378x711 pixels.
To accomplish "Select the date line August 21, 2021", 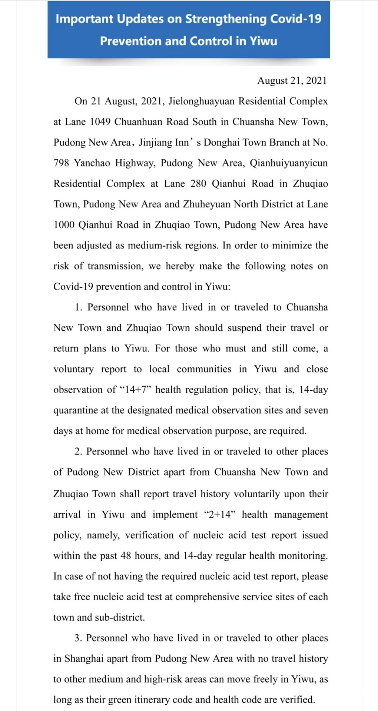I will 292,81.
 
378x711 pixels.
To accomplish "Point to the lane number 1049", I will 100,122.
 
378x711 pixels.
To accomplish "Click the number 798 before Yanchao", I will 61,163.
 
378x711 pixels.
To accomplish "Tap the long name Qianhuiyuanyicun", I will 289,163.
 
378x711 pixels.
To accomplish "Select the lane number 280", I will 198,184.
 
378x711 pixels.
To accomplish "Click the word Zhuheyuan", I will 206,204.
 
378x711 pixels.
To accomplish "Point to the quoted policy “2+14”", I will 220,515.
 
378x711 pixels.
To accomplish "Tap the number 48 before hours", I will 126,556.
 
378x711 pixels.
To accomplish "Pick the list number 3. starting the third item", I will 78,638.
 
